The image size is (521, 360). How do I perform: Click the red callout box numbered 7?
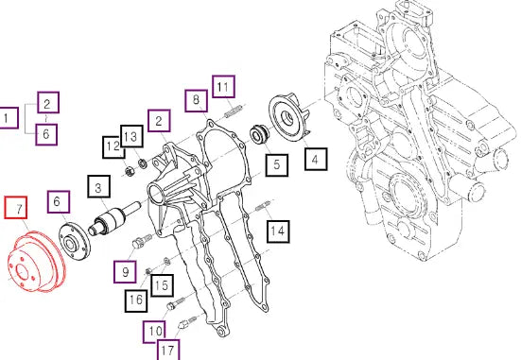point(16,208)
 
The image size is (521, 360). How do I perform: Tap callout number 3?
point(99,187)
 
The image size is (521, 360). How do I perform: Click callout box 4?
point(316,159)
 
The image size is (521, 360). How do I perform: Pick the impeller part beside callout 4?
point(288,116)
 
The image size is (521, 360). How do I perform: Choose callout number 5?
point(277,164)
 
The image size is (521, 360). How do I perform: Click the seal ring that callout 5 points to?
point(257,133)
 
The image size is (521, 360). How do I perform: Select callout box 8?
point(197,100)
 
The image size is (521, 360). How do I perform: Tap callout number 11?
point(223,86)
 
